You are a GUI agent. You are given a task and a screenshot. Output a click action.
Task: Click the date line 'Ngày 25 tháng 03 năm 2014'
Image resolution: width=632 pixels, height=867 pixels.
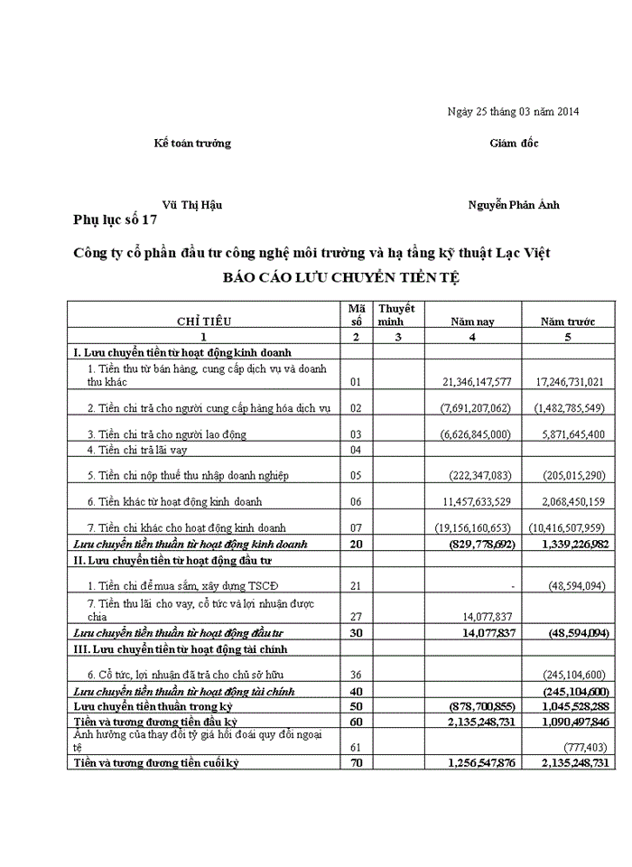[513, 112]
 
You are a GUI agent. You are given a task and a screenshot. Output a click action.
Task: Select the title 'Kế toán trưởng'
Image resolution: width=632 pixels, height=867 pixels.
[192, 144]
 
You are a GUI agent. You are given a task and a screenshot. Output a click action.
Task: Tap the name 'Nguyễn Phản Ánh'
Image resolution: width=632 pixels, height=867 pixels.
[514, 205]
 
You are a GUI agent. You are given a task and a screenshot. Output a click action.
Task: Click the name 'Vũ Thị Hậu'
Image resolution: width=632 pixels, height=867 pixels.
[192, 205]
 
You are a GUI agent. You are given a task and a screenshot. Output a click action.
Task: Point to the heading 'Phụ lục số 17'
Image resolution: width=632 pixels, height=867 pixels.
[116, 219]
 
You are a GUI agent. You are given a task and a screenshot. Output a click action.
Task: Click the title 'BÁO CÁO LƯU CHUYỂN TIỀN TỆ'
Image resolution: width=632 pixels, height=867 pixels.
[341, 278]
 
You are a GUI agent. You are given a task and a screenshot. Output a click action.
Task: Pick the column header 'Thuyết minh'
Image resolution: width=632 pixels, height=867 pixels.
[395, 315]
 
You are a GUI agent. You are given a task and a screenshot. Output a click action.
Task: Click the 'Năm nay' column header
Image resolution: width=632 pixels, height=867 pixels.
[472, 322]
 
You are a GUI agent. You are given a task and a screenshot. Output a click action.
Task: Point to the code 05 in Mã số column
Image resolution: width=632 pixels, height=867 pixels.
[355, 475]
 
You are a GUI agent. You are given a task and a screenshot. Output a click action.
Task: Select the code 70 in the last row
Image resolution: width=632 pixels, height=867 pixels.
[355, 763]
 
